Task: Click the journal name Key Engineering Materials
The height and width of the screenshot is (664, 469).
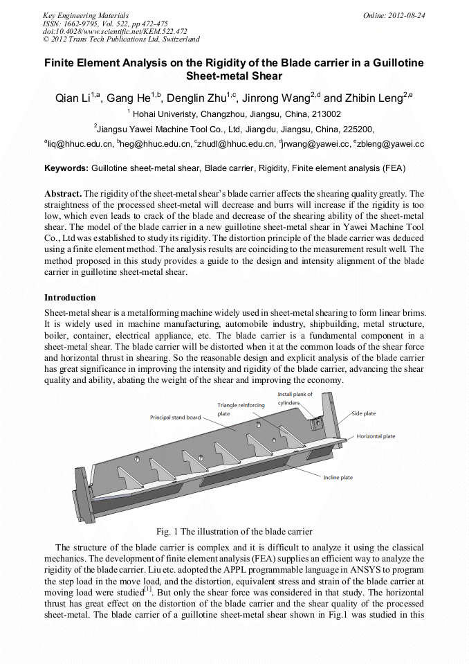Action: pos(86,15)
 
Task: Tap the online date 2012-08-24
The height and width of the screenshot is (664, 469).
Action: pos(394,15)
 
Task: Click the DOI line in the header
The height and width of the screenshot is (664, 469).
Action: pos(115,31)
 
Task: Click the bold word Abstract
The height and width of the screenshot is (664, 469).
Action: pos(63,193)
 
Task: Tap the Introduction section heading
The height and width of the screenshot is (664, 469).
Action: pos(70,298)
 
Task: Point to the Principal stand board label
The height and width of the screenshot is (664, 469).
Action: pos(176,418)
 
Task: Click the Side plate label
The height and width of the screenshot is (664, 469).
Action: pos(364,413)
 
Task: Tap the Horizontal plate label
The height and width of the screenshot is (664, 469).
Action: pos(376,437)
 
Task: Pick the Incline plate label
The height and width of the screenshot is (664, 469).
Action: pos(338,478)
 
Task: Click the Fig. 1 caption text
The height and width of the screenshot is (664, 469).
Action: pos(234,532)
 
